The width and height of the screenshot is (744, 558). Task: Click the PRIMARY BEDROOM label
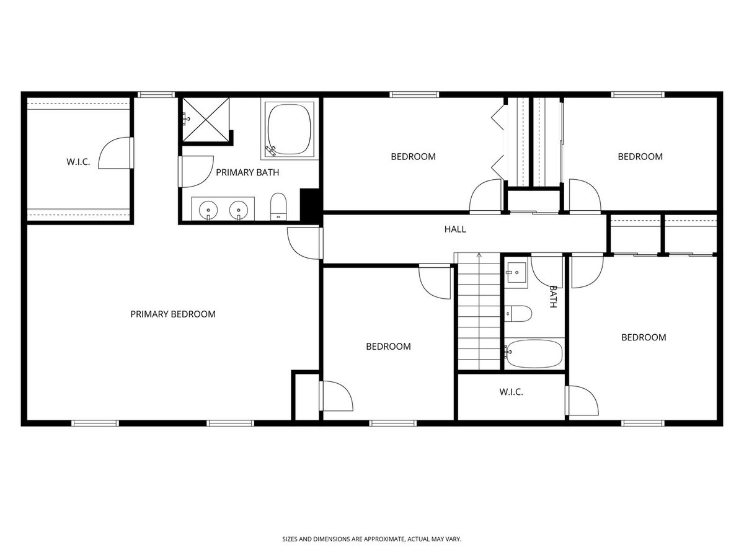[x=173, y=314]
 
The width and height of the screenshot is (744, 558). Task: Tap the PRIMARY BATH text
[x=247, y=172]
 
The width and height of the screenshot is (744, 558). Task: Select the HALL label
[x=455, y=229]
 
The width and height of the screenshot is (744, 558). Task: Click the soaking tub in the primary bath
[x=289, y=129]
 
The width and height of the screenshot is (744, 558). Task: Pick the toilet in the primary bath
[x=278, y=206]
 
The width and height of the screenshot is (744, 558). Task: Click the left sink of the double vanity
[x=208, y=210]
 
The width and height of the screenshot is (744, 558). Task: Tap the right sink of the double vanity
[x=239, y=210]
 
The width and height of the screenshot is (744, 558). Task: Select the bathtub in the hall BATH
[x=534, y=353]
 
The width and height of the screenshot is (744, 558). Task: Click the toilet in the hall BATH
[x=518, y=314]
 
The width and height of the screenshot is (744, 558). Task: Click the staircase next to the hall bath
[x=479, y=311]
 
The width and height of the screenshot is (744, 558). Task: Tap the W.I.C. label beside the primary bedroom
[x=78, y=162]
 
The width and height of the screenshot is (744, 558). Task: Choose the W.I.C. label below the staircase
[x=511, y=392]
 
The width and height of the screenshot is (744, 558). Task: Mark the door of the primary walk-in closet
[x=115, y=153]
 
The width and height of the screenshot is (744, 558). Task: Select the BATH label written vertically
[x=553, y=296]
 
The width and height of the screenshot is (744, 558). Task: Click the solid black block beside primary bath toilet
[x=310, y=205]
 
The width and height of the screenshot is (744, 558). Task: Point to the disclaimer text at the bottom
[x=372, y=539]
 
